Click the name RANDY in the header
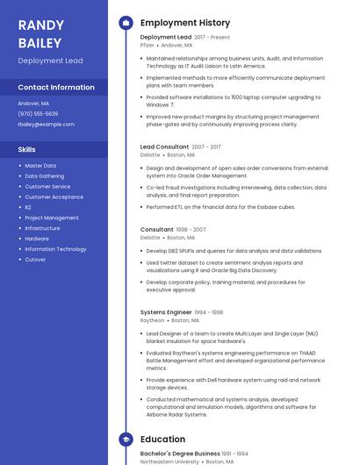(41, 25)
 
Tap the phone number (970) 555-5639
(38, 113)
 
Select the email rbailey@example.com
(46, 125)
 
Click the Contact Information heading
(56, 87)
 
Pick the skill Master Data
(40, 165)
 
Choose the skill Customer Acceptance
(54, 197)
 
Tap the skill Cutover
(35, 260)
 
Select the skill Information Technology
(55, 249)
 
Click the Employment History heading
(185, 23)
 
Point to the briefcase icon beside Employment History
(126, 23)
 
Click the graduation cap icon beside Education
(126, 439)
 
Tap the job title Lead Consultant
(164, 147)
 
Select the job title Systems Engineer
(166, 311)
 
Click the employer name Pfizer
(148, 45)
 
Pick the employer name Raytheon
(152, 320)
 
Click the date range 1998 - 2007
(191, 230)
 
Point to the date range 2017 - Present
(212, 38)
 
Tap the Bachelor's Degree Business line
(180, 453)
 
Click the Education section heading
(162, 439)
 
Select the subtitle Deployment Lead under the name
(52, 61)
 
